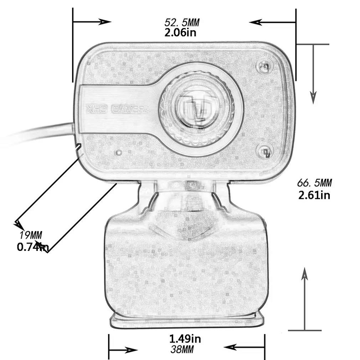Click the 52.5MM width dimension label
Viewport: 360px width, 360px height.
point(182,22)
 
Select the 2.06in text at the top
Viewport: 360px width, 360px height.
point(180,33)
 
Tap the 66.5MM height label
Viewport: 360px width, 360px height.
point(314,183)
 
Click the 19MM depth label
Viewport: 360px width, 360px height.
point(31,235)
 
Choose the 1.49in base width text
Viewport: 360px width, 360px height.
point(185,338)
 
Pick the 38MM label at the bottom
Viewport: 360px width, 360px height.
point(182,350)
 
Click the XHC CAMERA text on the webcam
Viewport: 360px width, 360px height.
point(118,109)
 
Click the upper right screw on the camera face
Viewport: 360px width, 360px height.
point(264,66)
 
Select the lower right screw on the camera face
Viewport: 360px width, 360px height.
point(264,151)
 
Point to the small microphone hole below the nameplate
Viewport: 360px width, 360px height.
point(117,152)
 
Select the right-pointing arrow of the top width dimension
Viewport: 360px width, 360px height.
point(103,21)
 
